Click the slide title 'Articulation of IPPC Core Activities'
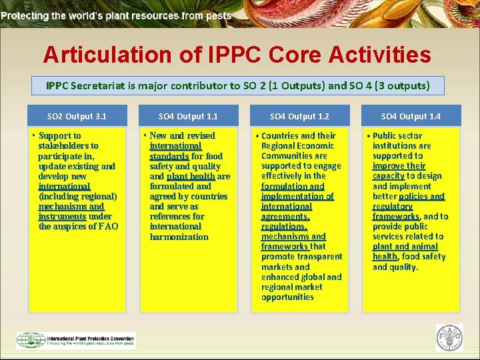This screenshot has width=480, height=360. tap(237, 54)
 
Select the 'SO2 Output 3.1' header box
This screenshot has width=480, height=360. tap(77, 116)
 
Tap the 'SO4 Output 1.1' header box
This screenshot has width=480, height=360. tap(188, 116)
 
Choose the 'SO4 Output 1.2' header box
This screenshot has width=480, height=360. tap(299, 116)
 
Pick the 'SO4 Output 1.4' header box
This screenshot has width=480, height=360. tap(411, 116)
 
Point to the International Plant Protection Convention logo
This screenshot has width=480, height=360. tap(75, 339)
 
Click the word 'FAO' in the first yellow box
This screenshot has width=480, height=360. tap(107, 227)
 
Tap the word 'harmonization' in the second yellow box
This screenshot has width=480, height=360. tap(179, 237)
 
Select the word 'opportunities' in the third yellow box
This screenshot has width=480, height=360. tap(287, 297)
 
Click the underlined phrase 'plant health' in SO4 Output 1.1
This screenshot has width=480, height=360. tap(191, 177)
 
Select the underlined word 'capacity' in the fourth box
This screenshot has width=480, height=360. tap(388, 176)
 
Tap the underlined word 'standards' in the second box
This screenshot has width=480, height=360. tap(169, 156)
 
